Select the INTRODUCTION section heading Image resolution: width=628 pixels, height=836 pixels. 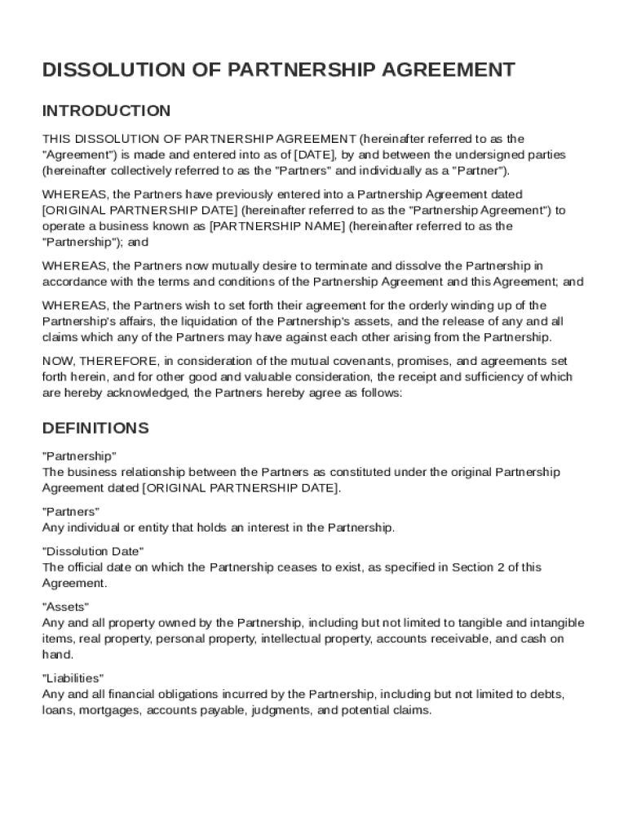[106, 111]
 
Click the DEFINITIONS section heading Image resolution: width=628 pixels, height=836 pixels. [95, 428]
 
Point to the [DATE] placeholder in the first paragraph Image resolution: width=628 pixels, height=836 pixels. [315, 154]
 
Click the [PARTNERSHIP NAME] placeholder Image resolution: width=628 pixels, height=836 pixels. [277, 226]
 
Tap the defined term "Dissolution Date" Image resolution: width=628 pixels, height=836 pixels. [93, 551]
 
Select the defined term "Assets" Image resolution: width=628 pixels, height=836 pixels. [65, 607]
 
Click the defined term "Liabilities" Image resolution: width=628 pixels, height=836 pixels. [73, 678]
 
